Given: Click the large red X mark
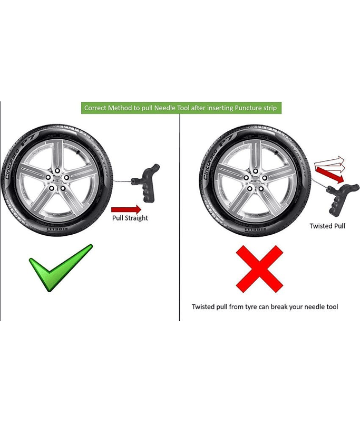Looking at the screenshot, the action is [259, 269].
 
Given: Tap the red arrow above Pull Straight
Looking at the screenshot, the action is [126, 209].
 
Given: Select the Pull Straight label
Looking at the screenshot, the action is [130, 218].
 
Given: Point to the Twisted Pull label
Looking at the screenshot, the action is [327, 226].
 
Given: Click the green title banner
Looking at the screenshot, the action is [181, 108].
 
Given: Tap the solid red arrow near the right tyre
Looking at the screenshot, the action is [329, 175].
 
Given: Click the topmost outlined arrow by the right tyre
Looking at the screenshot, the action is [329, 161].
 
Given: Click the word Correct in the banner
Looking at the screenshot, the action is [95, 108].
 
